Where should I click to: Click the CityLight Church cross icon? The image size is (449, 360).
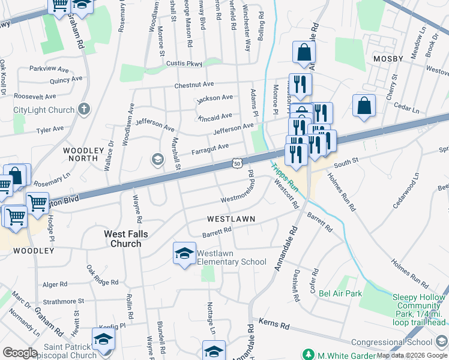[84, 110]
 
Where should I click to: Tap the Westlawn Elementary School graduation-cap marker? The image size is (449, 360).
[184, 253]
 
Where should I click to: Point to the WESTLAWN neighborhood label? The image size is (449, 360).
[231, 219]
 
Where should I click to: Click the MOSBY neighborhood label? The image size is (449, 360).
[389, 59]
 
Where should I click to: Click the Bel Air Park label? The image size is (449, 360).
[340, 293]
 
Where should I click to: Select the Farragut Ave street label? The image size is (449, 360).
[210, 147]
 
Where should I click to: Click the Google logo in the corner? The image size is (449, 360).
[20, 353]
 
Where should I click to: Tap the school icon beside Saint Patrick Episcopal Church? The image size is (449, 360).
[103, 339]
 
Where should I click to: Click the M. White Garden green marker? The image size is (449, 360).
[309, 354]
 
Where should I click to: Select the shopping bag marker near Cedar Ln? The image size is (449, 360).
[364, 106]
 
